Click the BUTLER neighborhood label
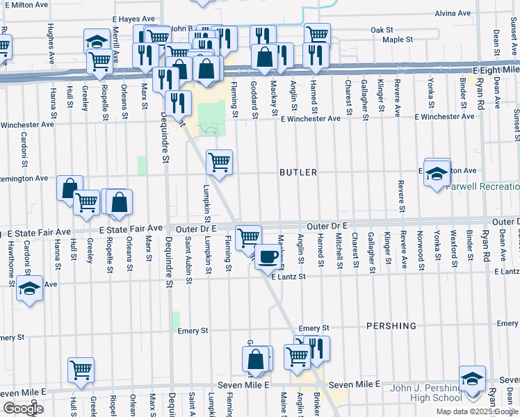[x=298, y=172]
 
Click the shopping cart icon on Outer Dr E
[x=248, y=238]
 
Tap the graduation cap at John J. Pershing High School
[x=472, y=379]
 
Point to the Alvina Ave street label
[x=472, y=13]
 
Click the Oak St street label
[x=382, y=30]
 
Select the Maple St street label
[x=398, y=40]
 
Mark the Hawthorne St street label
[x=10, y=251]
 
